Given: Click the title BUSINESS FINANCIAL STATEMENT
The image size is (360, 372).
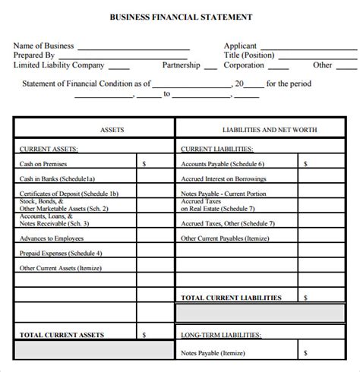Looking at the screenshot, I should point(181,16).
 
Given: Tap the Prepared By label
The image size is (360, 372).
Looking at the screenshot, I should point(33,55).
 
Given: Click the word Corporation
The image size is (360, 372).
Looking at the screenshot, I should point(244,65).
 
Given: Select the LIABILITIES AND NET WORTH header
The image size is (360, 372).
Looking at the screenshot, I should point(258,130).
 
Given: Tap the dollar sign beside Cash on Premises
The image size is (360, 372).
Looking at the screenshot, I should point(144,163).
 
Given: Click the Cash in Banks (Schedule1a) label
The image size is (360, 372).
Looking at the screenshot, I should point(52,179).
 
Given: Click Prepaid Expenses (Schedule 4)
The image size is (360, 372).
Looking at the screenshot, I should point(60,253).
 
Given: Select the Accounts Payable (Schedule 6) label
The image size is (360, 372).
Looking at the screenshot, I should point(223,163).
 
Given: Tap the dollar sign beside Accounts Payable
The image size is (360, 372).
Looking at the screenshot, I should point(305,163).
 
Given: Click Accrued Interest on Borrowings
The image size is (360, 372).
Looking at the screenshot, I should point(223,179).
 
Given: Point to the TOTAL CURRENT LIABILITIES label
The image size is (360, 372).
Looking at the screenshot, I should point(231,298).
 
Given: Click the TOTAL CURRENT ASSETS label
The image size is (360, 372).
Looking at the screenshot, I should point(62,335).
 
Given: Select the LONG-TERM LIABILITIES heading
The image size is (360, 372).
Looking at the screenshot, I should point(220,335).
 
